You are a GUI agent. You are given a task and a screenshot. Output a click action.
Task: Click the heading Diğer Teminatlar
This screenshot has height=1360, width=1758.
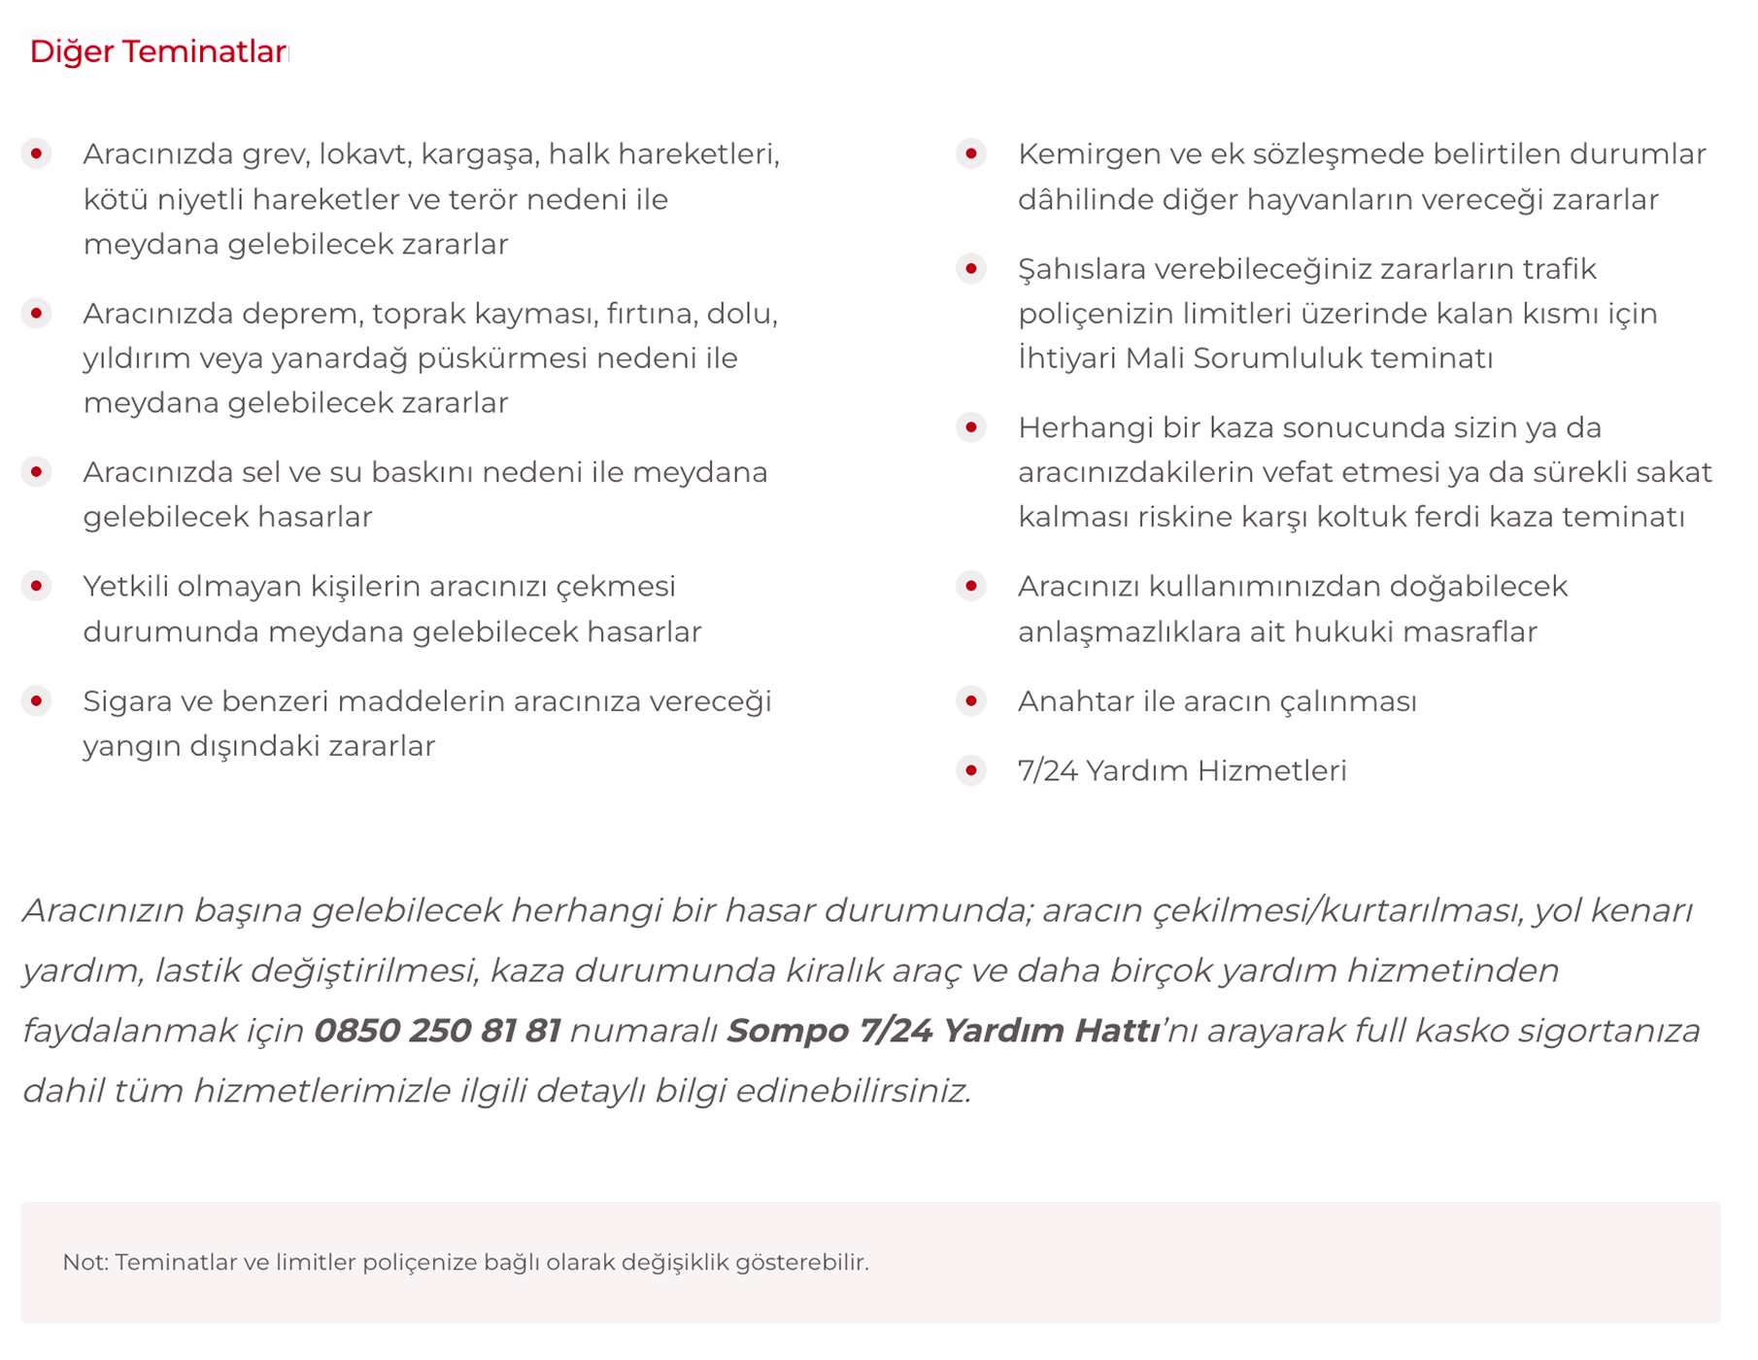point(158,51)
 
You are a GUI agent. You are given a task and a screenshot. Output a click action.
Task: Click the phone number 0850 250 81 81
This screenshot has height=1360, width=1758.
point(437,1031)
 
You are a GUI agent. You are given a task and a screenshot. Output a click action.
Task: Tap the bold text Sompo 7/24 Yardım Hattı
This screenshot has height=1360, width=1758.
point(942,1031)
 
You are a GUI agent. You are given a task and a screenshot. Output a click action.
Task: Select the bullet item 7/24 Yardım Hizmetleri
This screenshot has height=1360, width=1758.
point(1181,771)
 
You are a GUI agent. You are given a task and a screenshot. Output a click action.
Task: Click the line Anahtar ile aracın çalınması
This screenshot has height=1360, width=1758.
point(1216,701)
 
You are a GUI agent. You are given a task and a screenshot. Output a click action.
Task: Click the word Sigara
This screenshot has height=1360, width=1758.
point(130,701)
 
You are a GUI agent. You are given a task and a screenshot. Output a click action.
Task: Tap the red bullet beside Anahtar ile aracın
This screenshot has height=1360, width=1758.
point(970,701)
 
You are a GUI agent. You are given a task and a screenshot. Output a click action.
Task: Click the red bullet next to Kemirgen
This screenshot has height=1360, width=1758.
point(970,154)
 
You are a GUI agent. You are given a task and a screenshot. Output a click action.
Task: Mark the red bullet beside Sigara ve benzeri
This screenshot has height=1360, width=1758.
point(37,701)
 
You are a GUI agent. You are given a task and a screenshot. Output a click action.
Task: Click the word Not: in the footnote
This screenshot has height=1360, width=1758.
point(85,1263)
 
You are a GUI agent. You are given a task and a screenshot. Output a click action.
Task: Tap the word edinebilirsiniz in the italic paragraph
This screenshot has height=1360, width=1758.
point(853,1092)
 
